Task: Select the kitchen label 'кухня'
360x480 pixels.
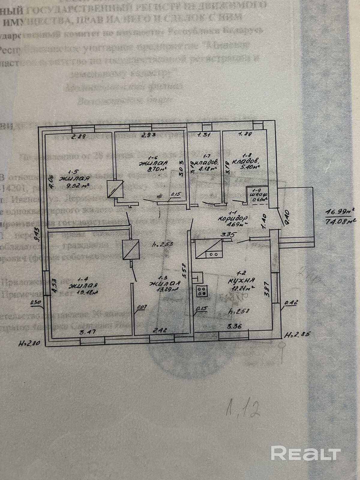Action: [x=241, y=281]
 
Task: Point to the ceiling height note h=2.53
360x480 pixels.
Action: [x=162, y=244]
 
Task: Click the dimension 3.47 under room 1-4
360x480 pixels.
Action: [x=87, y=332]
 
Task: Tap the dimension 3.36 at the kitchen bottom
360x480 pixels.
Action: [x=234, y=326]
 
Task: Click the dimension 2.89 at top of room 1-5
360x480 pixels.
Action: [x=79, y=137]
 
